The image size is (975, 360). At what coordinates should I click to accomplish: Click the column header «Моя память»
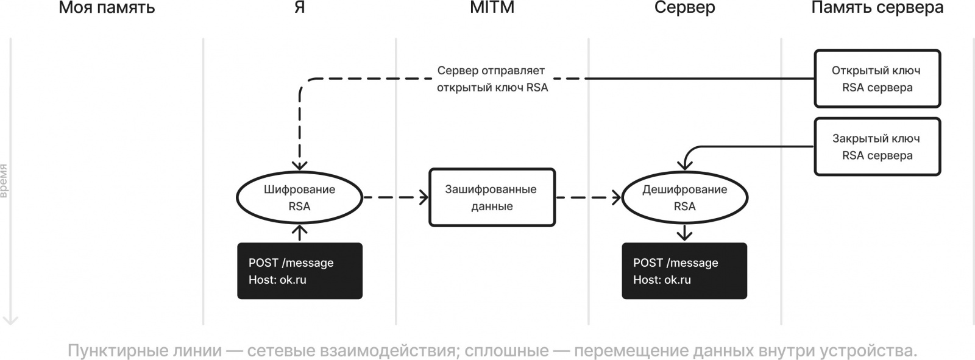point(107,8)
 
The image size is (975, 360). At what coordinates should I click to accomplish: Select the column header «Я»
point(299,8)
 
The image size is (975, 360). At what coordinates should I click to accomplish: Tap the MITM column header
point(492,8)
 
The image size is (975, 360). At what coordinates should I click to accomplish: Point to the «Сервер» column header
point(684,8)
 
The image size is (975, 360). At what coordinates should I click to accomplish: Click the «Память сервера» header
point(877,8)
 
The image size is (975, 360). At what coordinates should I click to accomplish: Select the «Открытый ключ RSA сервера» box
point(877,79)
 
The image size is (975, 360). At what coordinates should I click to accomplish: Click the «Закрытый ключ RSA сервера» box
point(877,147)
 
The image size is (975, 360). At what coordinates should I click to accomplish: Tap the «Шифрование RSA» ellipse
point(299,197)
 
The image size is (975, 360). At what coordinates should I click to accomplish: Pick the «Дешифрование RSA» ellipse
point(684,197)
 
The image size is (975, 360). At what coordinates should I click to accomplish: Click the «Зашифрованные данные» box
point(492,197)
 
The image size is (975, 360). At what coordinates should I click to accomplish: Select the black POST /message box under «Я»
point(299,271)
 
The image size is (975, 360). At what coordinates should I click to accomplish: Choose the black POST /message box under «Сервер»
point(684,271)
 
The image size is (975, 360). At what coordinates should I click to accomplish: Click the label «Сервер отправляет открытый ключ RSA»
point(492,79)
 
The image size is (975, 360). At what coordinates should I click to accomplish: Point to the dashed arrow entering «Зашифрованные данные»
point(396,197)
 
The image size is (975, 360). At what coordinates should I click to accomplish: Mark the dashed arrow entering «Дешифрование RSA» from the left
point(588,197)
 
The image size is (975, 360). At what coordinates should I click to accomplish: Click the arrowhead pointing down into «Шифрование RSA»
point(299,164)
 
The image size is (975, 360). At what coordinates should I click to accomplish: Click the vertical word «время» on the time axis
point(4,181)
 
